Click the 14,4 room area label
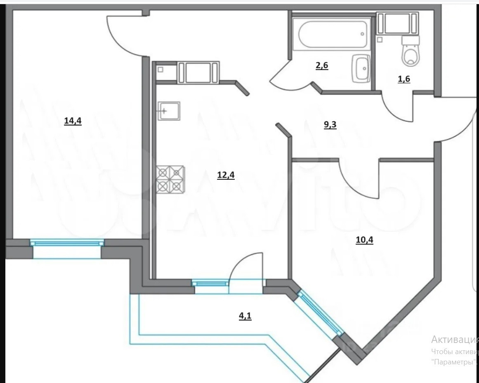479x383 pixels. (73, 121)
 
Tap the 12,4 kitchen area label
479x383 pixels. (226, 175)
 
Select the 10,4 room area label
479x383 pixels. (364, 240)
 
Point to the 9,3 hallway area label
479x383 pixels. (330, 124)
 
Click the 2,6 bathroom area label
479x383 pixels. (322, 65)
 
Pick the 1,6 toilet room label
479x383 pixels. (404, 79)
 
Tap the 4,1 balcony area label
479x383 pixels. (245, 316)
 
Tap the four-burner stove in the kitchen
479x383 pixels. (170, 180)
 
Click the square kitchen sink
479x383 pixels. (169, 111)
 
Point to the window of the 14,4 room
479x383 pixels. (67, 243)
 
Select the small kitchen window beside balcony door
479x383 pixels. (210, 283)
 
